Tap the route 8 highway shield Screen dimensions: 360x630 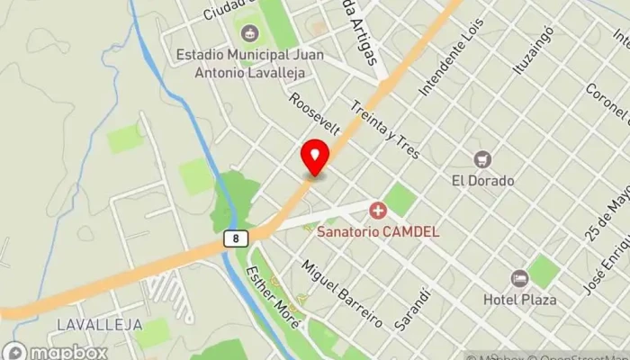click(234, 238)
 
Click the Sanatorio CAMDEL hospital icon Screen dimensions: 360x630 click(377, 211)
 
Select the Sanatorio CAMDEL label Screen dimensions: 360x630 click(378, 231)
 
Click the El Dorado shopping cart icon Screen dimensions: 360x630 click(483, 159)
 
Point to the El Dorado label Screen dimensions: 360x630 click(483, 180)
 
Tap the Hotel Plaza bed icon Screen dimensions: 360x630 click(518, 278)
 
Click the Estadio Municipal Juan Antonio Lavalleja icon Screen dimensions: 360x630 click(249, 33)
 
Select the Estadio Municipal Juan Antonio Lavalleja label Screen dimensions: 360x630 click(249, 62)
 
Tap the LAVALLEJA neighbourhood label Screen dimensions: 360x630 click(88, 323)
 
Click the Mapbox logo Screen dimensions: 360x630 click(56, 352)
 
